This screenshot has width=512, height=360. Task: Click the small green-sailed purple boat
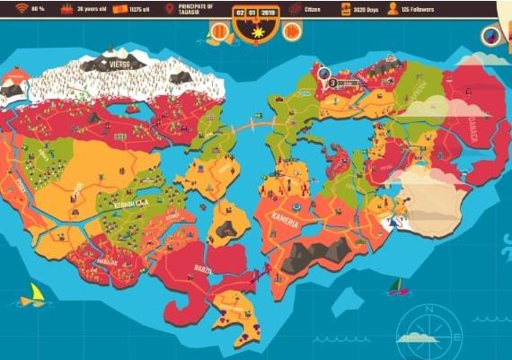(x=394, y=287)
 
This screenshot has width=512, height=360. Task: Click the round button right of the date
(x=292, y=31)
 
